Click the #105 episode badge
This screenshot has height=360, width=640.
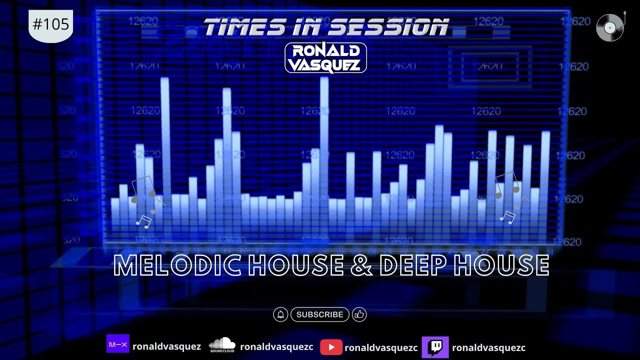(x=51, y=25)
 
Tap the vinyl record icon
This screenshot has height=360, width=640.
(x=610, y=27)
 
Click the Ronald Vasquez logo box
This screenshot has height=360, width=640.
(x=325, y=58)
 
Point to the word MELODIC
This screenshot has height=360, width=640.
(x=179, y=265)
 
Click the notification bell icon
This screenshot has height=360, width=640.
(x=280, y=314)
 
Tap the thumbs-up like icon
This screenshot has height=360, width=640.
(x=359, y=314)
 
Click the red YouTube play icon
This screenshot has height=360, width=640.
(x=331, y=347)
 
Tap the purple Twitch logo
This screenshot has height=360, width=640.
(x=435, y=347)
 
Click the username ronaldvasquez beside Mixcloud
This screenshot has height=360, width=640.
(x=166, y=346)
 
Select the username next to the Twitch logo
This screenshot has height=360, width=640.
(x=488, y=347)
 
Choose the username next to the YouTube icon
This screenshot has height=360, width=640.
(x=381, y=347)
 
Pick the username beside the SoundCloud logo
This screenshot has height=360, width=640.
(x=276, y=346)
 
